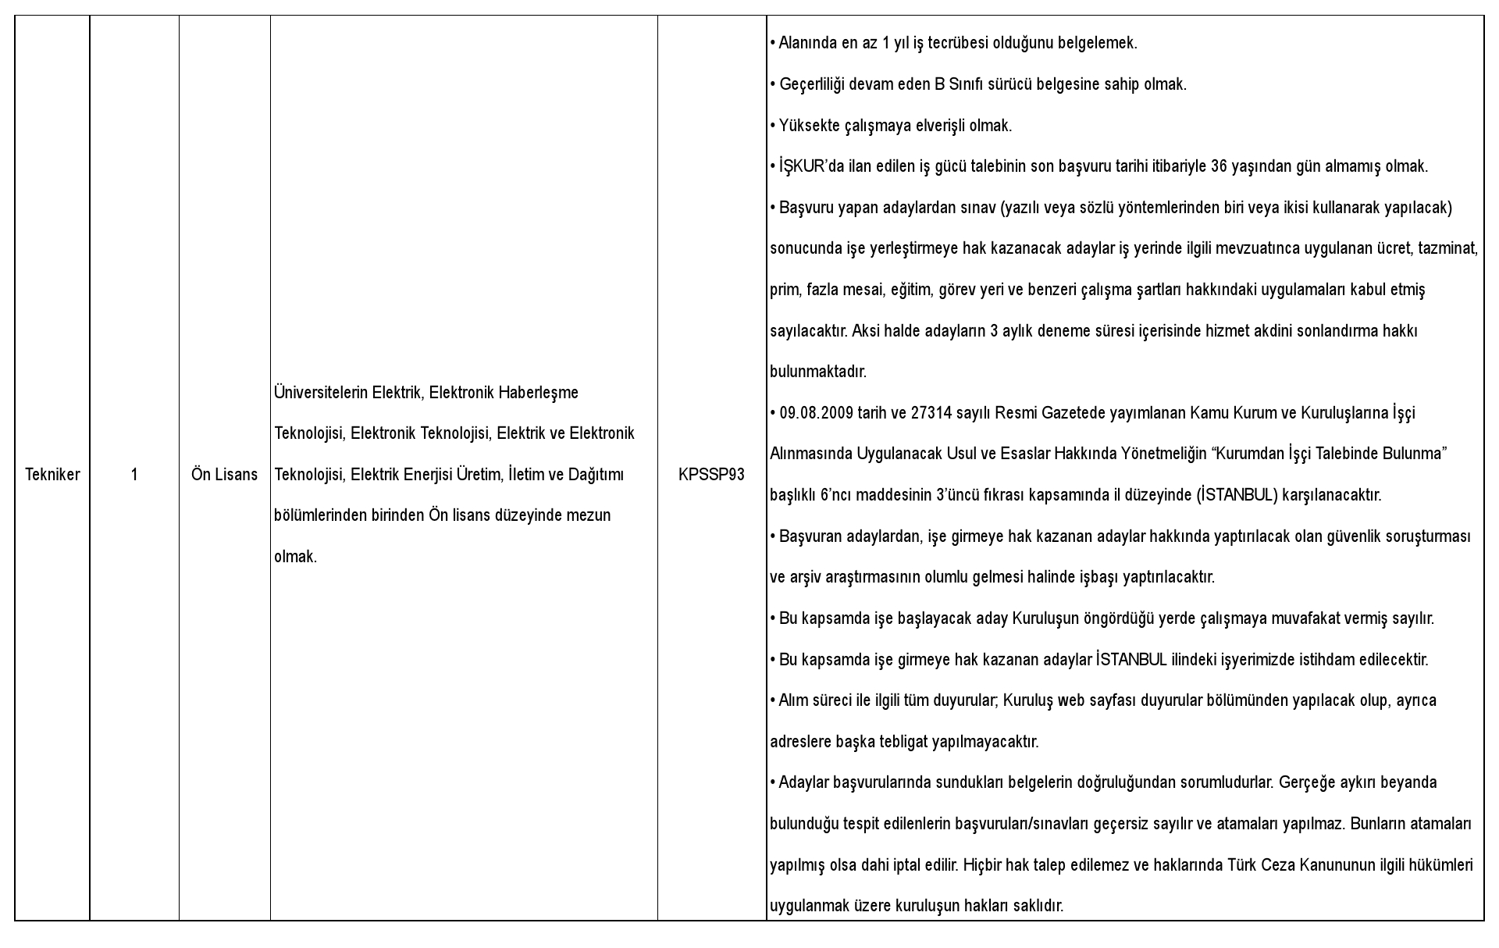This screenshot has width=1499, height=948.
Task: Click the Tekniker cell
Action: click(52, 475)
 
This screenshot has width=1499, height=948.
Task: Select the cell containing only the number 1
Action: click(134, 475)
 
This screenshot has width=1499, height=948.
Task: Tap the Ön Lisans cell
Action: click(224, 475)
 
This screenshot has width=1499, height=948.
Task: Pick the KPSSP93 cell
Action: click(711, 475)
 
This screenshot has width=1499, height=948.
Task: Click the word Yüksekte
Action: click(806, 126)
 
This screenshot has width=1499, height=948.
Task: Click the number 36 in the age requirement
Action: click(1219, 166)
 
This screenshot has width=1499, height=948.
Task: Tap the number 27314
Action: click(931, 413)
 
